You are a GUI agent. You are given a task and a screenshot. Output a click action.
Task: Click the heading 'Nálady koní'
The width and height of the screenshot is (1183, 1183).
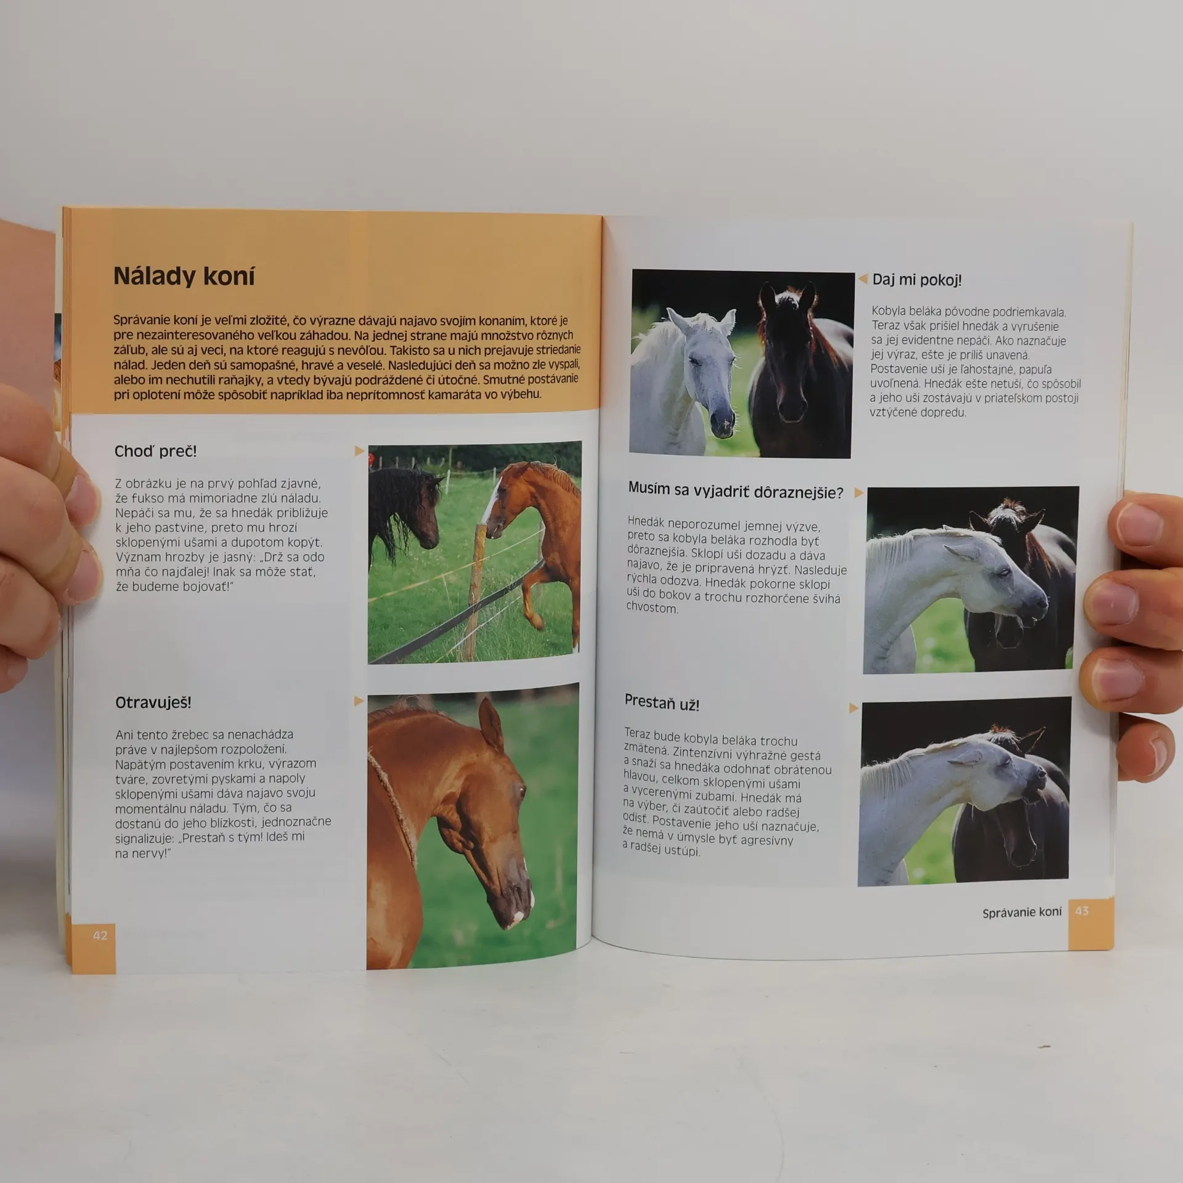pos(184,276)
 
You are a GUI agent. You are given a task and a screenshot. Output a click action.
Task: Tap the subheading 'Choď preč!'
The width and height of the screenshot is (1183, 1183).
pos(155,451)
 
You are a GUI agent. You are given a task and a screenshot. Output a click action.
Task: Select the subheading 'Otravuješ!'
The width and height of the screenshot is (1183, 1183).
pos(153,702)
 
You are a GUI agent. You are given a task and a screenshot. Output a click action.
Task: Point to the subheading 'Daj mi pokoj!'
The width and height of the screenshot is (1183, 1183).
pos(917,280)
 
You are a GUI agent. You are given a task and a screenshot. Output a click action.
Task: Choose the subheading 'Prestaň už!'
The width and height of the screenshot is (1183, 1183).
pos(662,702)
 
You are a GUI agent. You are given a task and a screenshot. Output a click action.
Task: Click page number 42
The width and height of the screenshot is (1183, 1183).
pos(100,935)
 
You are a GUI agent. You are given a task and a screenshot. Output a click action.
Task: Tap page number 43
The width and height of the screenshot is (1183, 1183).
pos(1082,910)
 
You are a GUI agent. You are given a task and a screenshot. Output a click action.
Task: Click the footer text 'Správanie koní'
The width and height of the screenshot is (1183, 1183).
pos(1022,912)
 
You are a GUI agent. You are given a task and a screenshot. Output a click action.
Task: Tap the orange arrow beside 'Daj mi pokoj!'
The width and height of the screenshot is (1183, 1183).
pos(863,279)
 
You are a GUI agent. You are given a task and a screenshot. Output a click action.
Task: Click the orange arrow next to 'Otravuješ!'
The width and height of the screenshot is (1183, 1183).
pos(359,701)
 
